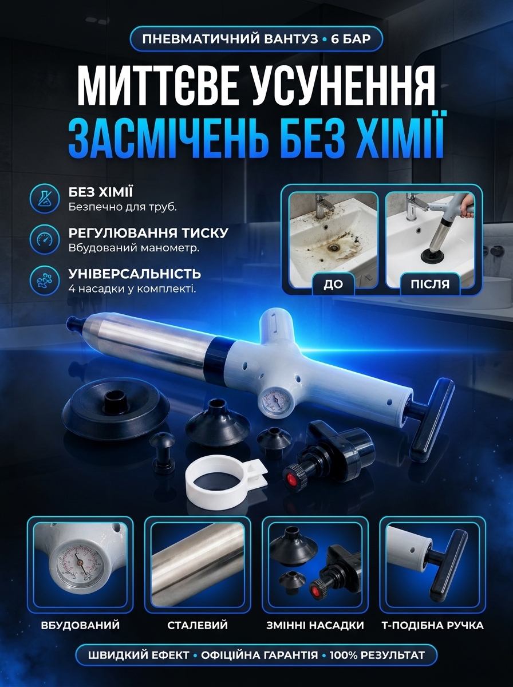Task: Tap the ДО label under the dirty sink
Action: click(333, 284)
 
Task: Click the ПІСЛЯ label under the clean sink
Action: click(430, 284)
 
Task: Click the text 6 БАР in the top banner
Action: click(351, 39)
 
